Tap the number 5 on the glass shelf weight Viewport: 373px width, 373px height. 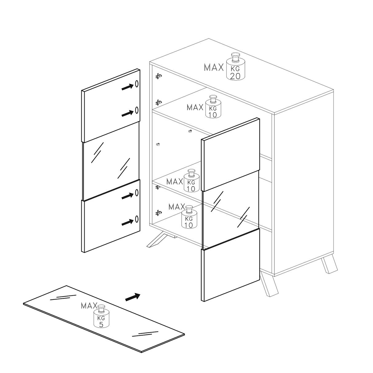tap(101, 325)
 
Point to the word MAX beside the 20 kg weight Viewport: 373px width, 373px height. tap(214, 68)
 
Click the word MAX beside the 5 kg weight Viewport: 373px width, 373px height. tap(89, 306)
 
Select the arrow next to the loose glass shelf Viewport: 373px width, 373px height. tap(133, 297)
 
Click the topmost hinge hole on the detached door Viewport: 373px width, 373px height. tap(137, 84)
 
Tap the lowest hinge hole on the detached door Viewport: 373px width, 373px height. tap(137, 219)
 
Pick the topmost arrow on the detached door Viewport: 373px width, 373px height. tap(128, 87)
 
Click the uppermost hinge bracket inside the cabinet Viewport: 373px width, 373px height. tap(159, 76)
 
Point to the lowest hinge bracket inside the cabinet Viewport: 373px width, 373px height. tap(159, 213)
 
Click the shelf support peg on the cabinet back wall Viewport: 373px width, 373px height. tap(190, 131)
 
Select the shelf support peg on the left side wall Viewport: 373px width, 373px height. tap(158, 144)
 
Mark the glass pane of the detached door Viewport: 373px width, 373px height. tap(111, 161)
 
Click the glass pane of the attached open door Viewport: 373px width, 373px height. tap(231, 210)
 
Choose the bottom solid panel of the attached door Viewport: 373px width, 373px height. tap(230, 265)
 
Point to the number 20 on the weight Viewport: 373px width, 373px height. tap(235, 76)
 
